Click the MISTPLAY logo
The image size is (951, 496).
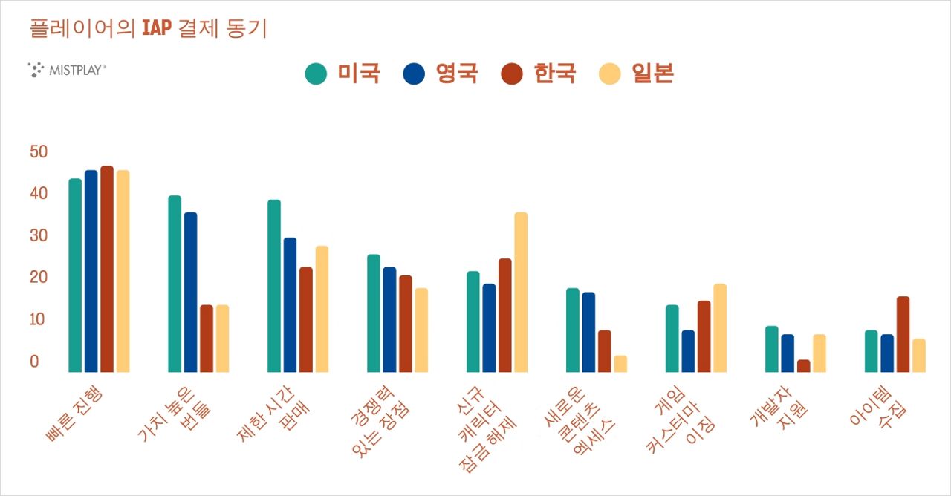click(67, 70)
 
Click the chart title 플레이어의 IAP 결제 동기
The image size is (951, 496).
click(148, 29)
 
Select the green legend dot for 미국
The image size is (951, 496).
click(316, 74)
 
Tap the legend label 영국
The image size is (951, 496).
click(457, 74)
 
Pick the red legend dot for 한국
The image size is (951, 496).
click(513, 74)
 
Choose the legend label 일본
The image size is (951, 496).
click(652, 74)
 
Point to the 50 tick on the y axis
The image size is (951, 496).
click(39, 152)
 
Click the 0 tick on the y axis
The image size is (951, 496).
click(34, 362)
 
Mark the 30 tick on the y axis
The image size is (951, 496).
click(39, 236)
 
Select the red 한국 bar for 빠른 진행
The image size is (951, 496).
click(107, 269)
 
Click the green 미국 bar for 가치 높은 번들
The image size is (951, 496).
click(175, 284)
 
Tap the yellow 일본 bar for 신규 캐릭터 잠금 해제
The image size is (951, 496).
click(521, 292)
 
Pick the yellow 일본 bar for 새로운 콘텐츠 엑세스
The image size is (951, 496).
click(620, 364)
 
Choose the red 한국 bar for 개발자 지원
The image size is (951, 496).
click(803, 365)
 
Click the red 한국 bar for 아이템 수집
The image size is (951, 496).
click(903, 334)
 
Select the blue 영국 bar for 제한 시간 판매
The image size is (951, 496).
click(290, 304)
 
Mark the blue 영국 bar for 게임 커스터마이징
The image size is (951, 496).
click(688, 350)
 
